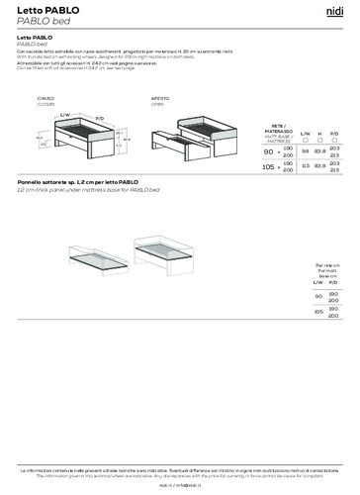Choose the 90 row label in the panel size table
pyautogui.click(x=319, y=296)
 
